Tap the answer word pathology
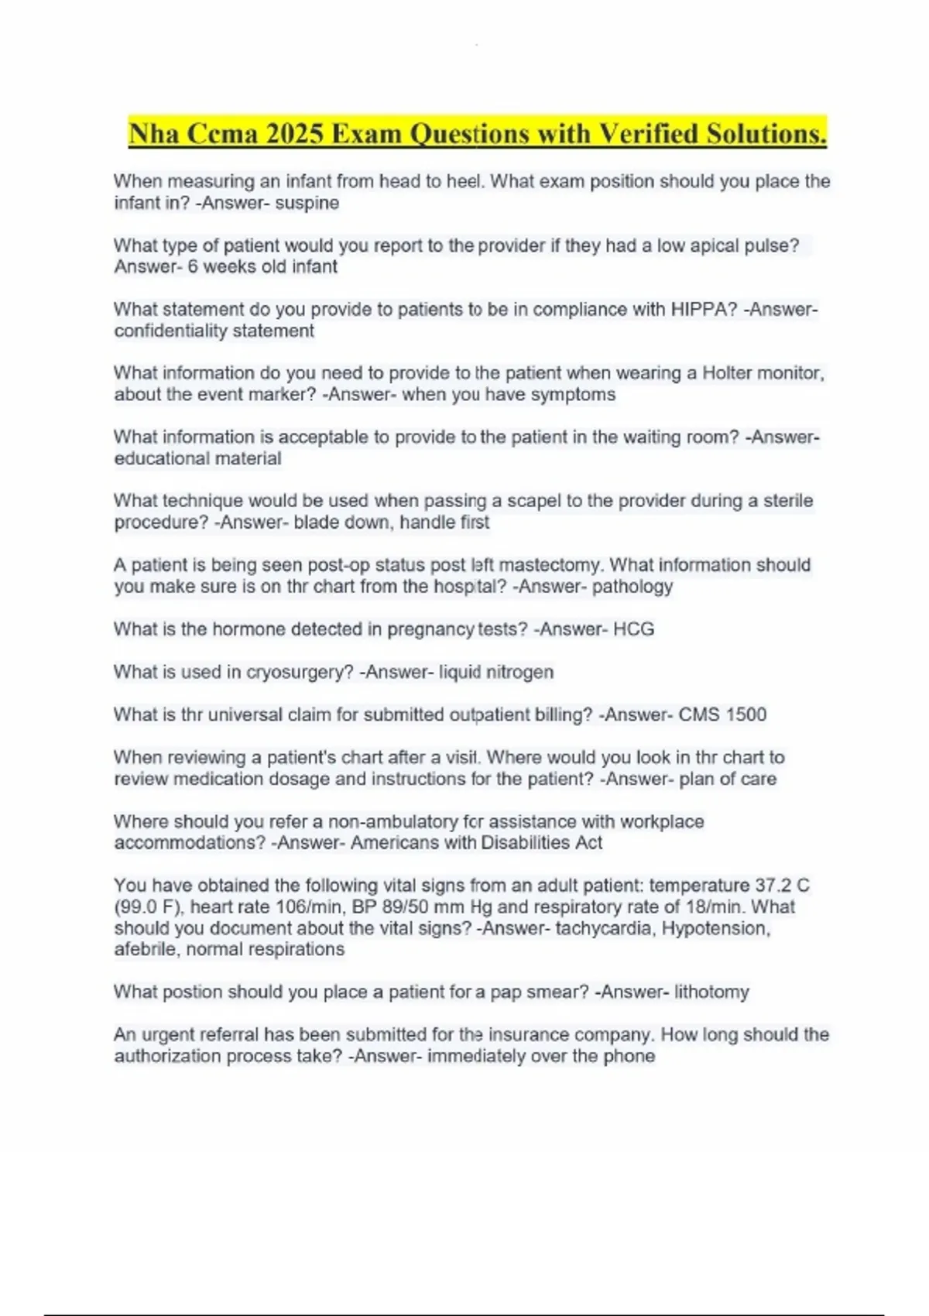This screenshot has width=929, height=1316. click(632, 587)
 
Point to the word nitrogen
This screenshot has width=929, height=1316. click(519, 672)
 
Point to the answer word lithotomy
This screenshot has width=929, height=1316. click(711, 992)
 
